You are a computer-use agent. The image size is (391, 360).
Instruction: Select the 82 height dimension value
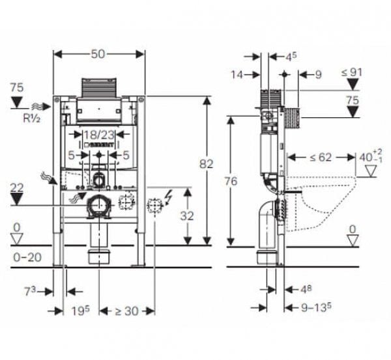(x=207, y=166)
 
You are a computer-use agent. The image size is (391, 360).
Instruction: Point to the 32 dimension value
(x=188, y=215)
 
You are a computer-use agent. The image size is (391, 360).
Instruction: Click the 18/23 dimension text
(x=99, y=135)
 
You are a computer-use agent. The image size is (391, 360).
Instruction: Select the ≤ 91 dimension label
(x=351, y=72)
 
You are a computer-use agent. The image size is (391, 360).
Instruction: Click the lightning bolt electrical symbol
(x=169, y=195)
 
